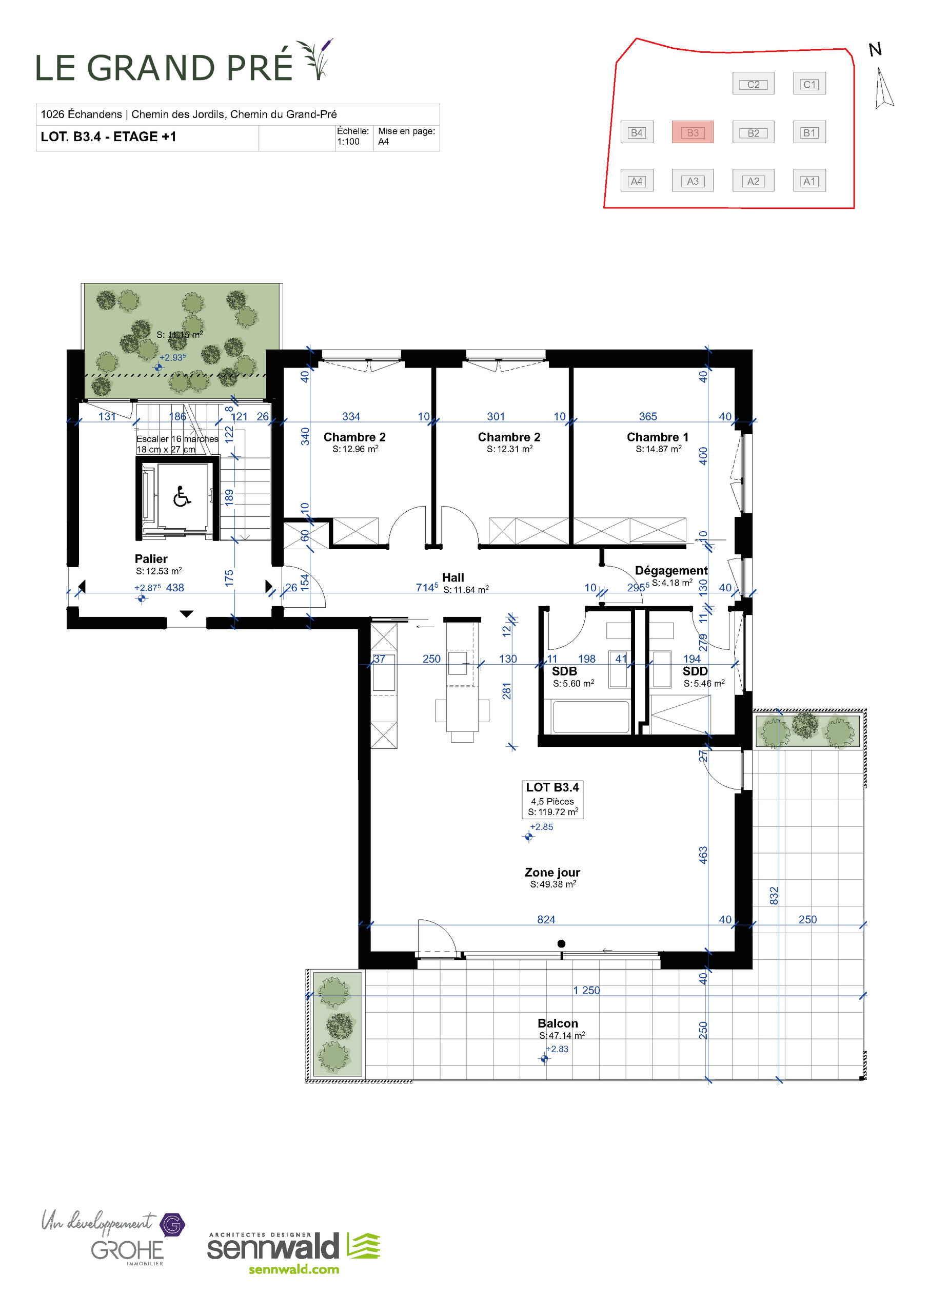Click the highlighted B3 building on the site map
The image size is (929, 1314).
tap(692, 132)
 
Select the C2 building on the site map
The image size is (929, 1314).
tap(753, 84)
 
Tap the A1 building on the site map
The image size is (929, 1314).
tap(809, 181)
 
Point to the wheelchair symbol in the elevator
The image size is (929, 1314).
tap(182, 496)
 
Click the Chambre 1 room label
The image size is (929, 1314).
tap(657, 437)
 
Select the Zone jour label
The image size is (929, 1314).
tap(552, 872)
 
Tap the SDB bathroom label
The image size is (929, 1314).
tap(564, 671)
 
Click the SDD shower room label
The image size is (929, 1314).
tap(695, 671)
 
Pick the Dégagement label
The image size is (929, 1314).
tap(671, 571)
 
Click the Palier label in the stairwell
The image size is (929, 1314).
tap(151, 558)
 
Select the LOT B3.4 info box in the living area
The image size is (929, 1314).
tap(552, 799)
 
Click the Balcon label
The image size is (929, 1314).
tap(558, 1023)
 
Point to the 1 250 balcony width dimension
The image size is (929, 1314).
tap(586, 991)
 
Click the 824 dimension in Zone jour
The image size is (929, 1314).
tap(546, 919)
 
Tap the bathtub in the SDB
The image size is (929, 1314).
tap(590, 717)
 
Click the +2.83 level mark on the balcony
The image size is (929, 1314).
tap(557, 1049)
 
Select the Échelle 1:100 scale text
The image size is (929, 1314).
tap(352, 136)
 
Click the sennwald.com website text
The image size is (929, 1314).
tap(293, 1269)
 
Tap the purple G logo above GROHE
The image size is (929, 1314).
tap(172, 1225)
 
